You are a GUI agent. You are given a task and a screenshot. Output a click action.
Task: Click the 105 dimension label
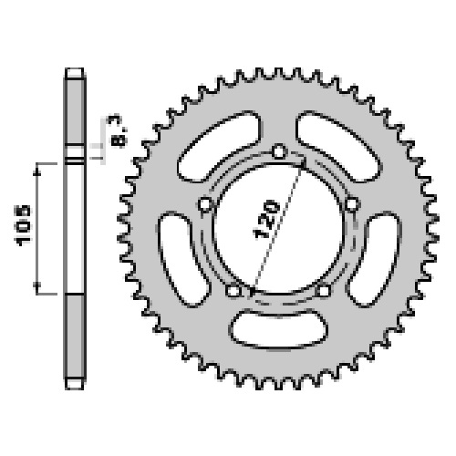point(23,225)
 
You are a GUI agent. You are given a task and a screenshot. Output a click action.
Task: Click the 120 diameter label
point(266,219)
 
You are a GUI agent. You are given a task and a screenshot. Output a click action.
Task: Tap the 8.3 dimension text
point(118,131)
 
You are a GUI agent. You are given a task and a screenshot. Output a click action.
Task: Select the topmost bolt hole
point(279,151)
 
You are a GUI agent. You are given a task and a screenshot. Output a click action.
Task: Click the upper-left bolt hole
point(205,204)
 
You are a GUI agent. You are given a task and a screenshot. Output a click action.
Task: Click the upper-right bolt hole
point(352,204)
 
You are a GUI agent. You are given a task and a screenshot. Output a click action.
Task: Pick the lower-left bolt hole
point(233,291)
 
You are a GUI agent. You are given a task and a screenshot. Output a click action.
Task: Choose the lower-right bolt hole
point(324,291)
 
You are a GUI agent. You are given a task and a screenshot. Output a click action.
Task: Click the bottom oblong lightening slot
point(278,329)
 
